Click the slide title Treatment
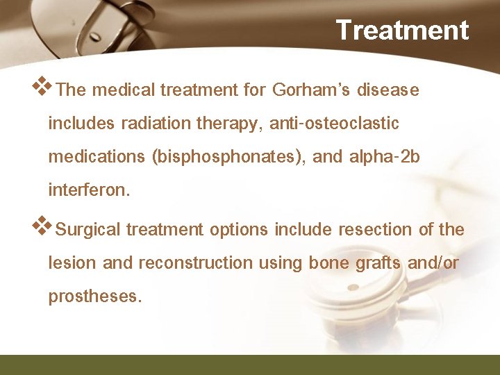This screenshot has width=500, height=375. pos(402,30)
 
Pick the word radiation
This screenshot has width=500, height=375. pos(151,124)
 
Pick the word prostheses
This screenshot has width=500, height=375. pos(94,297)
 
